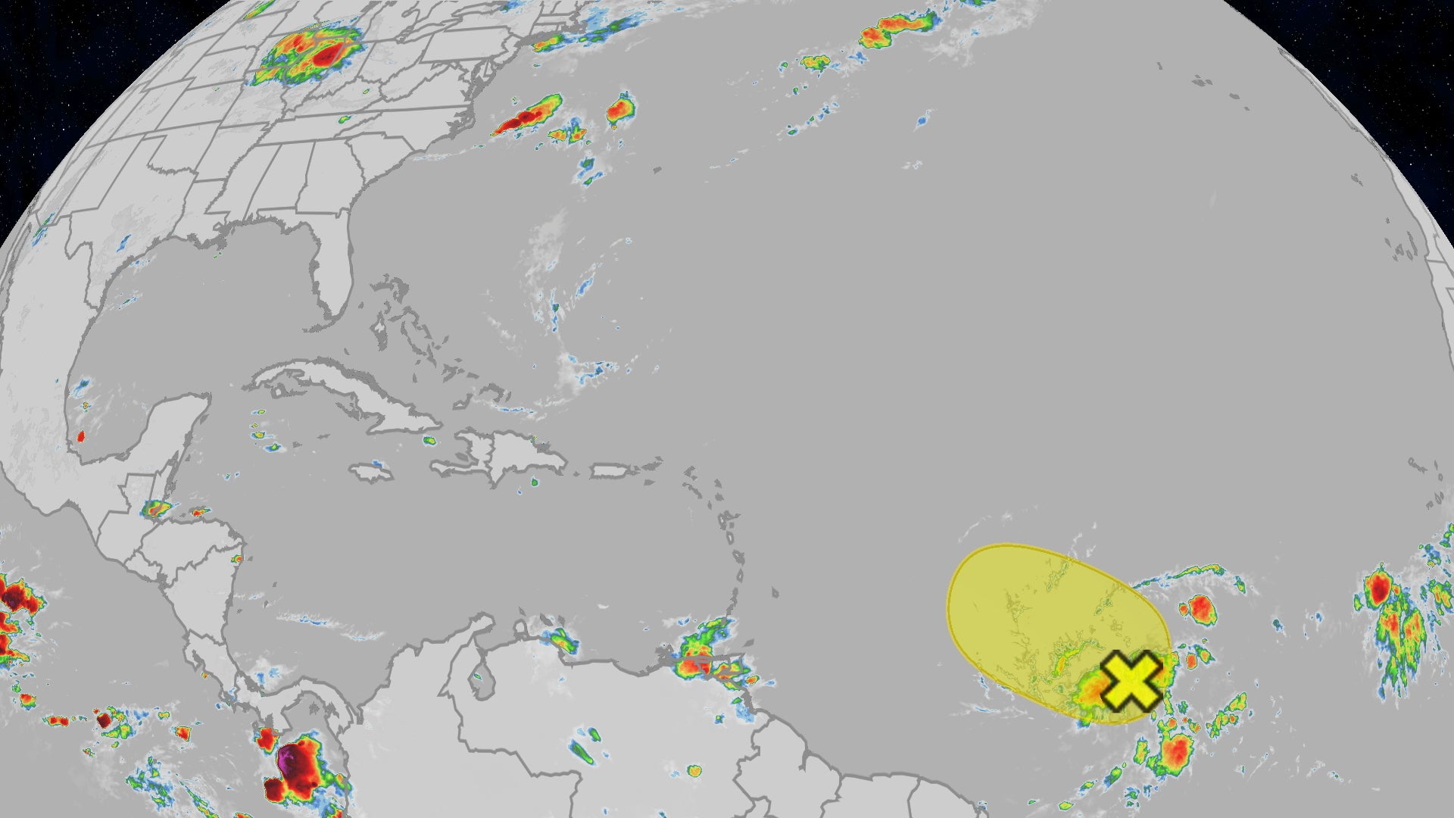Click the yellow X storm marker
1131,681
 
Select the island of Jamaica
372,473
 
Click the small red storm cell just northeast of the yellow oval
1200,608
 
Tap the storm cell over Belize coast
157,509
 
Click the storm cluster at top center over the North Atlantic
897,30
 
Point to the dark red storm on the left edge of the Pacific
15,598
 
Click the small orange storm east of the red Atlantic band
621,110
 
